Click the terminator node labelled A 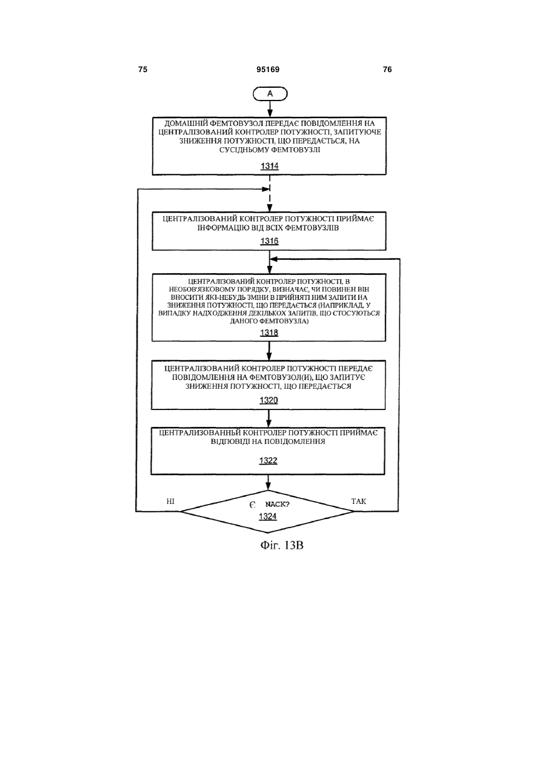(x=270, y=94)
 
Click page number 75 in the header (x=142, y=70)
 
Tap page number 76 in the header (x=387, y=70)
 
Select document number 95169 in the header (x=268, y=70)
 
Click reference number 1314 (x=270, y=166)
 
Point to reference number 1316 (x=270, y=241)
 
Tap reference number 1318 (x=269, y=333)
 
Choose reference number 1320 (x=268, y=400)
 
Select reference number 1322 (x=268, y=460)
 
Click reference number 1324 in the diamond (x=268, y=516)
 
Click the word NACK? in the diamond (x=278, y=505)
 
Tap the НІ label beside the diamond (x=170, y=501)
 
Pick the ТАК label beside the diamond (x=359, y=501)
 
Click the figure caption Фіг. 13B (x=282, y=545)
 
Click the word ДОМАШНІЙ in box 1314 (x=185, y=123)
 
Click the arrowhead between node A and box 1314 (x=270, y=114)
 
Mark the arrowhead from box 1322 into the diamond (x=268, y=487)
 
